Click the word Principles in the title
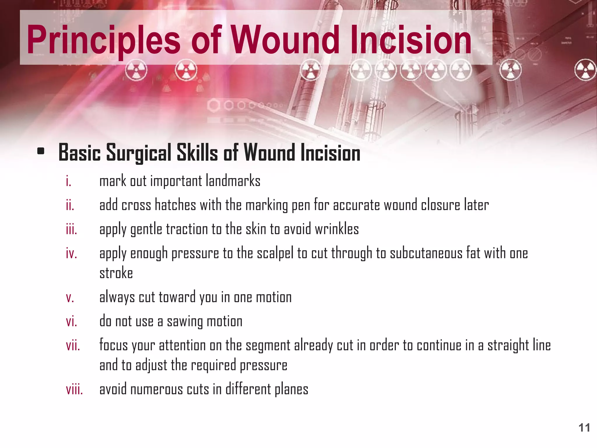coord(103,40)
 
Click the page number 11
coord(584,428)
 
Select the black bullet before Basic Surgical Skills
coord(41,151)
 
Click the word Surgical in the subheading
coord(138,153)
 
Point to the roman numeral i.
coord(69,181)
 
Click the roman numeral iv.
coord(71,253)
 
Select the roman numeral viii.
coord(74,390)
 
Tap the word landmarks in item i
coord(233,181)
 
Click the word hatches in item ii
coord(175,205)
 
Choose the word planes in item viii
coord(291,390)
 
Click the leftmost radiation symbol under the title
coord(136,70)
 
